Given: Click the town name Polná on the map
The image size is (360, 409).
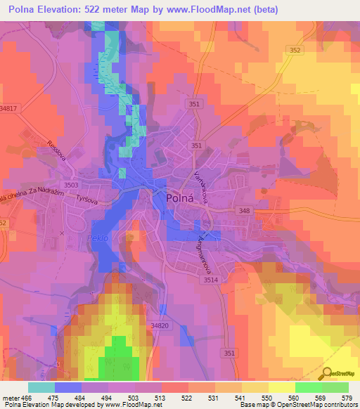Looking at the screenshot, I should point(185,199).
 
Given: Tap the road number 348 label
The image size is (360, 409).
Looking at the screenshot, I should point(244,212).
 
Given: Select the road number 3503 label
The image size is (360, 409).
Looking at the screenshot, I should point(71,185).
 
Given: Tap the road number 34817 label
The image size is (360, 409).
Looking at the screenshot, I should point(9,109).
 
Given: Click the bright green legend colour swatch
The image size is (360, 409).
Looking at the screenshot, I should point(308,387).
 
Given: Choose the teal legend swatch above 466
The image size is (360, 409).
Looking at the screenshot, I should point(41,387).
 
